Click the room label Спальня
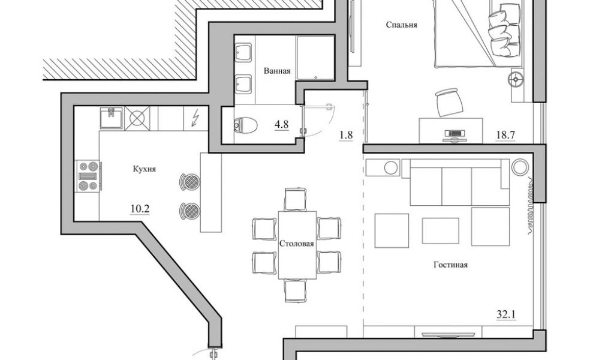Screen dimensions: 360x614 pyautogui.click(x=402, y=25)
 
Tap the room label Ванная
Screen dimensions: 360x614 pyautogui.click(x=277, y=71)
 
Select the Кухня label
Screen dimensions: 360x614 pyautogui.click(x=145, y=169)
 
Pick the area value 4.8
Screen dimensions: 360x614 pyautogui.click(x=282, y=125)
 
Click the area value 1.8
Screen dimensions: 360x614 pyautogui.click(x=346, y=135)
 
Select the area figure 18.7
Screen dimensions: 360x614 pyautogui.click(x=505, y=135)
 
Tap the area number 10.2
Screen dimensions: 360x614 pyautogui.click(x=140, y=209)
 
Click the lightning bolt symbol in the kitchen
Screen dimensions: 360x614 pyautogui.click(x=195, y=118)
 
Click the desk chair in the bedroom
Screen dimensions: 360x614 pyautogui.click(x=449, y=101)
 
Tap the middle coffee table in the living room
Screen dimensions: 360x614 pyautogui.click(x=440, y=230)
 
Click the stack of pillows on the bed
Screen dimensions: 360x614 pyautogui.click(x=500, y=30)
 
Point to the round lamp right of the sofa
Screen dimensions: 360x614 pyautogui.click(x=519, y=166)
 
